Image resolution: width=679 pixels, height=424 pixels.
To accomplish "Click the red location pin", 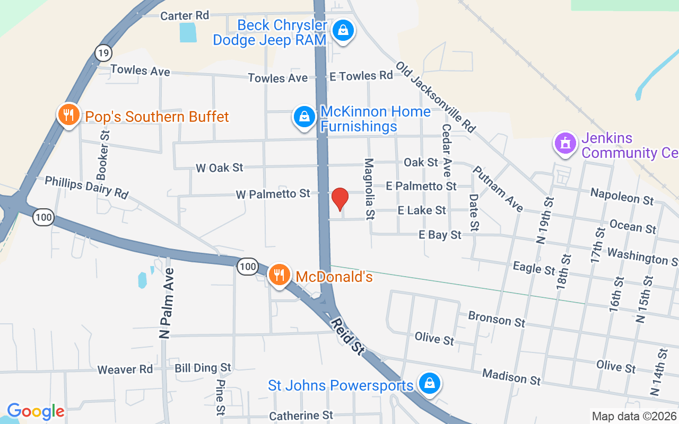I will [x=339, y=199].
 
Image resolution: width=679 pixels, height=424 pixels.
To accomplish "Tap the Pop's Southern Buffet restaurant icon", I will [x=68, y=115].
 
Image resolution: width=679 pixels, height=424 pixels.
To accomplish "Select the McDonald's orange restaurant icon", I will [x=279, y=275].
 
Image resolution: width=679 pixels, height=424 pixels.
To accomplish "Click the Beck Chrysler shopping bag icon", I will [x=344, y=30].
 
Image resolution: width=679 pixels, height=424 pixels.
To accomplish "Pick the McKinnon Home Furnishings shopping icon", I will [x=304, y=117].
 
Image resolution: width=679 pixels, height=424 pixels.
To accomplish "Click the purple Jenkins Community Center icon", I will [x=565, y=143].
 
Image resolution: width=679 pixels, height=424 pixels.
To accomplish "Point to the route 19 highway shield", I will [x=103, y=52].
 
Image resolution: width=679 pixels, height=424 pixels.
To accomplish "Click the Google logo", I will [x=36, y=411].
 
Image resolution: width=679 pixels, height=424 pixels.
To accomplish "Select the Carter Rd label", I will [x=185, y=16].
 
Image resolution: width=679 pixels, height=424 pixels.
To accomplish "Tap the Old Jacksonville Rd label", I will [x=435, y=96].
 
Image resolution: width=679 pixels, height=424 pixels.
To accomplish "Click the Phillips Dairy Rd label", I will [x=86, y=188].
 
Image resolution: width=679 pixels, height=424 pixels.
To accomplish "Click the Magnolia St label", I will [x=369, y=189].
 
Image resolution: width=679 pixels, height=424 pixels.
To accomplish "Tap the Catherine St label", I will [x=301, y=416].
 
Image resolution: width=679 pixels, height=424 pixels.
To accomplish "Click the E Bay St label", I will [x=440, y=234].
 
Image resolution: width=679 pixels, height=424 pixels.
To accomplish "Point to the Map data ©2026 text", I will [x=634, y=416].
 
